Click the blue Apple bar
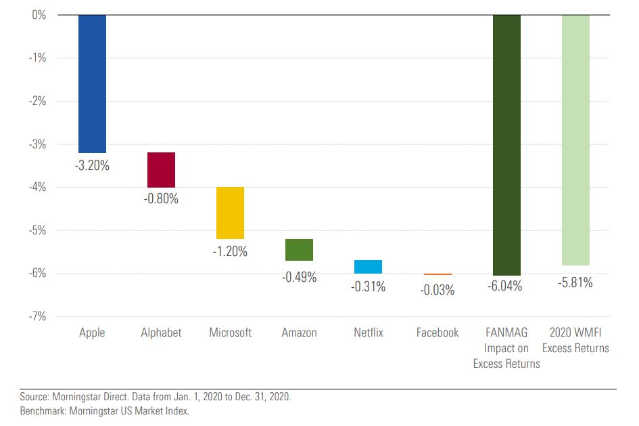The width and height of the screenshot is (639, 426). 92,83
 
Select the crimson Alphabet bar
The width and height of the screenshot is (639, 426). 161,170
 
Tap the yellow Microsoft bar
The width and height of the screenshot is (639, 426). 230,213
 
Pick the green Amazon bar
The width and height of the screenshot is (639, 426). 299,250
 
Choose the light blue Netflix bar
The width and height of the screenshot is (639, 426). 368,267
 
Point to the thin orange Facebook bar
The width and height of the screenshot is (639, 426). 437,274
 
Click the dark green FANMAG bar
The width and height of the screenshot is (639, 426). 506,145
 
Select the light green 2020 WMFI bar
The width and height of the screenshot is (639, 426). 575,140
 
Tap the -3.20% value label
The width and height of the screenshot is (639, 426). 92,165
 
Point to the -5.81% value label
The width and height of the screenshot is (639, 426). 575,283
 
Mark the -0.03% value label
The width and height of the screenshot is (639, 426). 437,290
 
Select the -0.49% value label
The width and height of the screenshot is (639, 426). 299,277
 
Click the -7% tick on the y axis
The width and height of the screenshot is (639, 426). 37,316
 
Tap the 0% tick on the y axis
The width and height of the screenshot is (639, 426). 39,15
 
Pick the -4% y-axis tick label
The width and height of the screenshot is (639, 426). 37,187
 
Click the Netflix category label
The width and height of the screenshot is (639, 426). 368,333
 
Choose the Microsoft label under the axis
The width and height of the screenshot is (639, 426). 230,333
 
